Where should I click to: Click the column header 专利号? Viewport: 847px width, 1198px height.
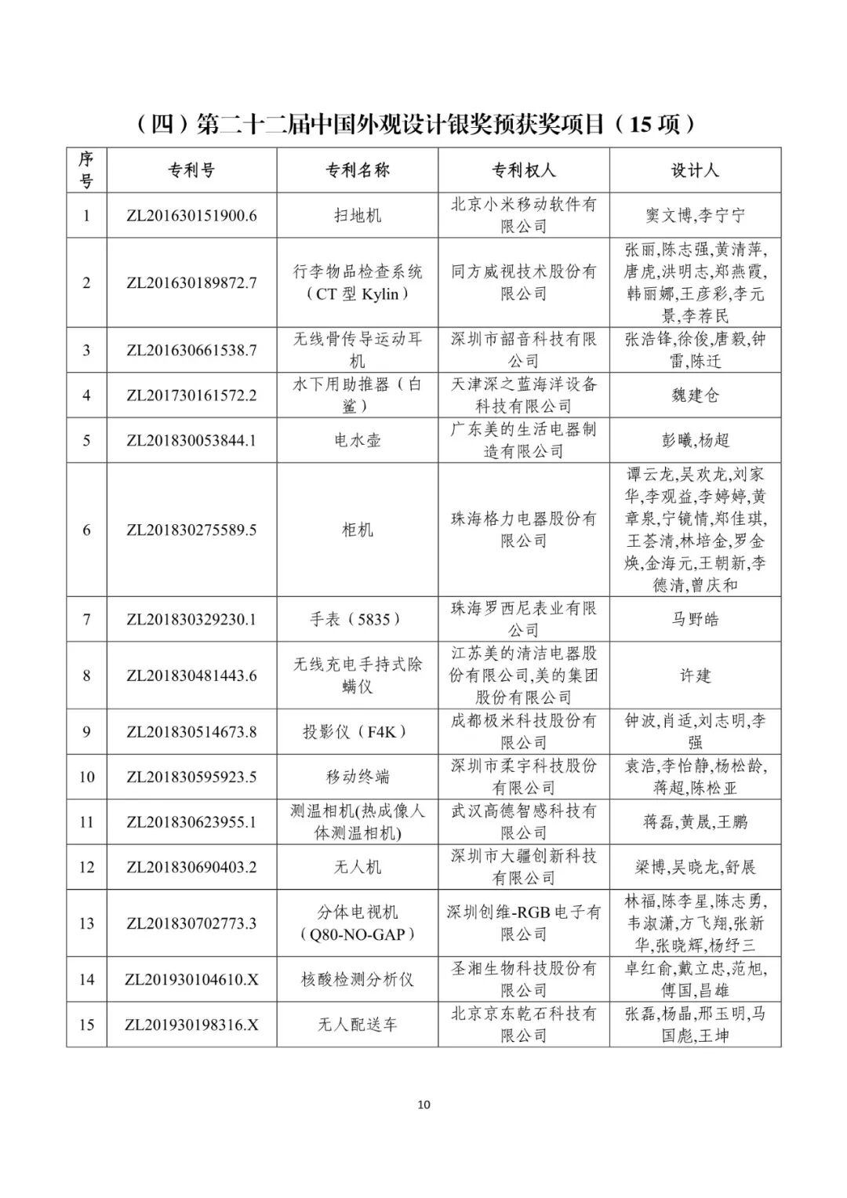coord(191,170)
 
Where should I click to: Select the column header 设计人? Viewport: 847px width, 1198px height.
coord(695,170)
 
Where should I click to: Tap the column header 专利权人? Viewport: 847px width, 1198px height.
coord(523,170)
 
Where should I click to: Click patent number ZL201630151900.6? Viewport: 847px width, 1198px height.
coord(191,215)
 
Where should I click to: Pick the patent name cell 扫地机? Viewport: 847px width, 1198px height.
coord(357,215)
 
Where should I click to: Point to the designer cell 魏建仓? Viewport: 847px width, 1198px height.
coord(695,395)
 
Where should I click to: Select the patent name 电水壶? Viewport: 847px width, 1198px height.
coord(357,440)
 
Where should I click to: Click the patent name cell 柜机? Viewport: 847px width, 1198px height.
coord(357,530)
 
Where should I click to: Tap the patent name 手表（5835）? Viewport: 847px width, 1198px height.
coord(357,619)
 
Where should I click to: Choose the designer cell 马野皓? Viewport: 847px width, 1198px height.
coord(695,619)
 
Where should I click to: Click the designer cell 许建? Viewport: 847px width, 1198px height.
coord(695,675)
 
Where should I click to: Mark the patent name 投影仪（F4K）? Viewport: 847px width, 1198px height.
coord(357,732)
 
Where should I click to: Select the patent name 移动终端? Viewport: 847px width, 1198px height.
coord(357,777)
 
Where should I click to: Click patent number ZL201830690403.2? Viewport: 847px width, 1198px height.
coord(191,867)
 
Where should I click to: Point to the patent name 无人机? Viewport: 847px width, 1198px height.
coord(357,867)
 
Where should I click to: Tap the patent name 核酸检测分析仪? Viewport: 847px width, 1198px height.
coord(357,979)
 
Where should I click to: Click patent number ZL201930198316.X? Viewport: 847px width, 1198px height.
coord(191,1025)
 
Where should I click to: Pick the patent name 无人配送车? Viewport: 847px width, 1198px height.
coord(357,1025)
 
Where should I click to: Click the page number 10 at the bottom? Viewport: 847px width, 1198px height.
coord(423,1105)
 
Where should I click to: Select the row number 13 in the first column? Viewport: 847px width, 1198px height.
coord(86,923)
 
